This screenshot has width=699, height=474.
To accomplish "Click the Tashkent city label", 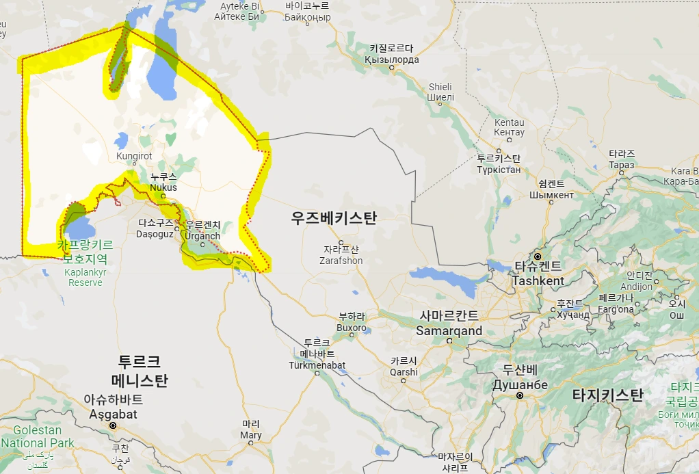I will coord(538,280).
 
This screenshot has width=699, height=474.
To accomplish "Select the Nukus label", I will coord(163,187).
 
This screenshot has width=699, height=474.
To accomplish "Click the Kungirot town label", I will coord(135,156).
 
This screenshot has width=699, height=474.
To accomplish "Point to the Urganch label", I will coord(202,237).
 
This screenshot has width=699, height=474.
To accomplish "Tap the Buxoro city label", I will coord(352,328).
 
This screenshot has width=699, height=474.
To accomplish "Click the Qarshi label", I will coord(404,372).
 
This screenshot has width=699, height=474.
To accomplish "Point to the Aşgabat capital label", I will coord(114,414).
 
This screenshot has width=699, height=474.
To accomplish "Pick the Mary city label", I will coord(251,435).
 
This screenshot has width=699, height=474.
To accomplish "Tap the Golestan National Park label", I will coord(37,436).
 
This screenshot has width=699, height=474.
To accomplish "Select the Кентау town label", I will coord(509,132).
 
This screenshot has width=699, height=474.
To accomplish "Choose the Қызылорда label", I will coord(391,60).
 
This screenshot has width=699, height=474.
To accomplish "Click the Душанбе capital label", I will coord(520,385).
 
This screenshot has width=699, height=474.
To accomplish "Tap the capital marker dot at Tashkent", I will coord(538,256).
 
